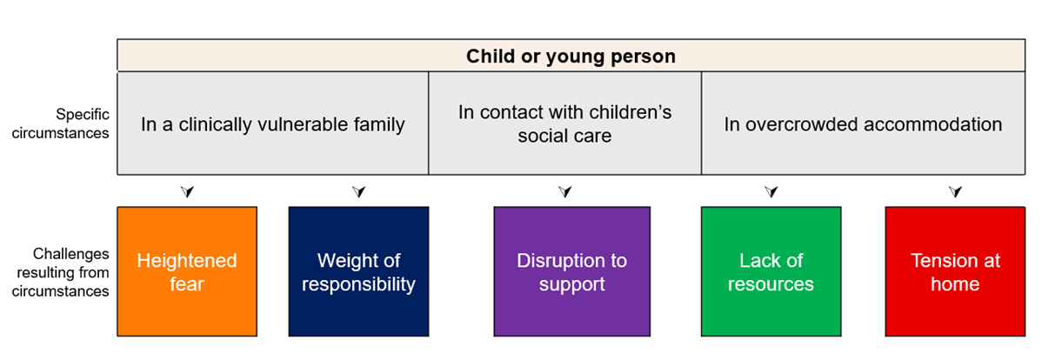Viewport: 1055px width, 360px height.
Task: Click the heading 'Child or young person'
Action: click(x=571, y=57)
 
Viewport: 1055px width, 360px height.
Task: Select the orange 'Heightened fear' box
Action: click(x=187, y=271)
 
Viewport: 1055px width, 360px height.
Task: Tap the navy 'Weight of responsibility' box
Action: click(x=358, y=271)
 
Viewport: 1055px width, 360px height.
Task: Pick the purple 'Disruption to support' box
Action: click(x=571, y=271)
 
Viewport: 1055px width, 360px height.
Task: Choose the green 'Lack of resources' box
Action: click(x=771, y=271)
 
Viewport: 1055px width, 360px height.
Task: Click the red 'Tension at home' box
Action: click(x=955, y=271)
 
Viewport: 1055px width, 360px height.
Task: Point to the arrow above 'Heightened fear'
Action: click(x=187, y=191)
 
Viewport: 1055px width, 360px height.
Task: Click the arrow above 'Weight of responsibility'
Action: click(x=359, y=191)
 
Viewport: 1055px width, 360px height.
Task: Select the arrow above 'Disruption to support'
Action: click(x=564, y=191)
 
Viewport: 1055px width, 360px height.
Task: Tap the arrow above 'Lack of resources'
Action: click(x=771, y=191)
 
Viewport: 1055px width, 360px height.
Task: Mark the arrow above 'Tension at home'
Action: click(x=955, y=191)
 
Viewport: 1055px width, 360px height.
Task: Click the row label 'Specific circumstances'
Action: click(x=61, y=123)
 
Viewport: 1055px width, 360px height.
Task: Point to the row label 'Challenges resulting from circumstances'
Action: click(x=61, y=272)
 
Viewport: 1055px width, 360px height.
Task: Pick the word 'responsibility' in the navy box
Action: click(x=358, y=284)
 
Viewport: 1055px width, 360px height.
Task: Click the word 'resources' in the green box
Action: click(x=771, y=284)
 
